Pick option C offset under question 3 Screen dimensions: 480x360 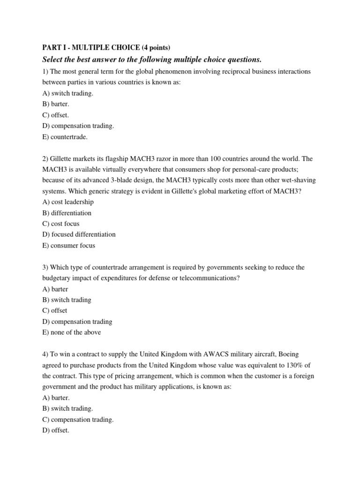(54, 310)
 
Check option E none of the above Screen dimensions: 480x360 (71, 332)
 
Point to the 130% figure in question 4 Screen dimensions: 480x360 (293, 365)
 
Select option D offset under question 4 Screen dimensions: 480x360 (55, 430)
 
